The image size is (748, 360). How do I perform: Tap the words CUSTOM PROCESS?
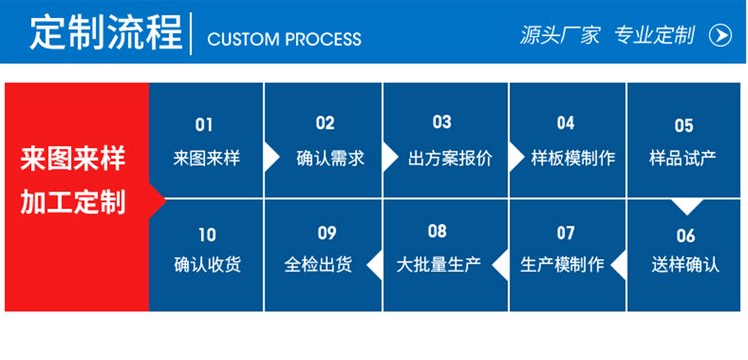point(284,39)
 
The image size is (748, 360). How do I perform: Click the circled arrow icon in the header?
point(719,36)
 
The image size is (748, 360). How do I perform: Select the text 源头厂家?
point(560,36)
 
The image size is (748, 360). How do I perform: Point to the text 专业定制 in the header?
point(654,36)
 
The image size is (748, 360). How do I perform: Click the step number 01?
point(204,125)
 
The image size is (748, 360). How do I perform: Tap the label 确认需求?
point(330,158)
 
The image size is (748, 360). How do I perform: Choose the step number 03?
point(442,123)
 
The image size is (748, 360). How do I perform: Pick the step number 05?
point(684,125)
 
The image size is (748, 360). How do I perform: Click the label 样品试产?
point(684,158)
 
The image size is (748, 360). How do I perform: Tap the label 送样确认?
point(684,267)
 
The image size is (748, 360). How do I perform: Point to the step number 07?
point(565,233)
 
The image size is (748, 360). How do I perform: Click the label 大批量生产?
point(439,266)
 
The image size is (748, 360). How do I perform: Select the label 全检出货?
point(325,266)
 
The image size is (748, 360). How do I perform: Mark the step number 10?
point(206,235)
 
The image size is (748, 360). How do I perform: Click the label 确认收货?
point(206,266)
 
